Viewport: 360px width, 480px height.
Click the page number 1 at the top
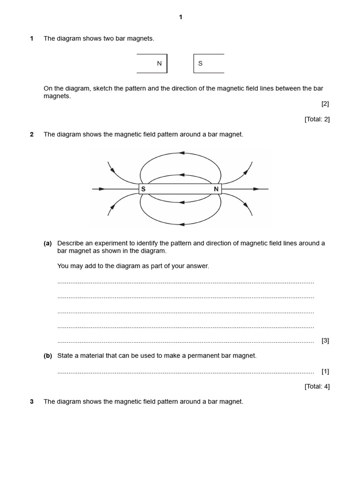pyautogui.click(x=180, y=17)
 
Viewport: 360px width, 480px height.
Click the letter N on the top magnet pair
pyautogui.click(x=159, y=64)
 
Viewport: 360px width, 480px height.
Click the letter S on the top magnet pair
pyautogui.click(x=200, y=64)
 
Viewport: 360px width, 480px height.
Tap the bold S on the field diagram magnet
pyautogui.click(x=143, y=189)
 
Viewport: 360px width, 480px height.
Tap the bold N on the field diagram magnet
pyautogui.click(x=216, y=189)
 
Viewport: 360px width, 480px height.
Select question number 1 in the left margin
pyautogui.click(x=32, y=38)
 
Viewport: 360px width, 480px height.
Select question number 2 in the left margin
pyautogui.click(x=32, y=135)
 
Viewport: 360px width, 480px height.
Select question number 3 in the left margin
pyautogui.click(x=32, y=402)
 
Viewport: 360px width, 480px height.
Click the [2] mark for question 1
pyautogui.click(x=325, y=104)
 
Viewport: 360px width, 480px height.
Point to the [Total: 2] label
pyautogui.click(x=317, y=119)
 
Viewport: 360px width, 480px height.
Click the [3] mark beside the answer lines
pyautogui.click(x=325, y=340)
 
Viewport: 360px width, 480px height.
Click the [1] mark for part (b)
pyautogui.click(x=325, y=371)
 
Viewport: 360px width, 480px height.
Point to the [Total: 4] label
pyautogui.click(x=317, y=387)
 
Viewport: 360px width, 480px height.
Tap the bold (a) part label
pyautogui.click(x=48, y=243)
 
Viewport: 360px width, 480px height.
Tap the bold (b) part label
pyautogui.click(x=48, y=356)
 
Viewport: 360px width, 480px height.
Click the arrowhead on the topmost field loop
pyautogui.click(x=181, y=153)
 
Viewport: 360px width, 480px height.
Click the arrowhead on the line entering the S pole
pyautogui.click(x=102, y=189)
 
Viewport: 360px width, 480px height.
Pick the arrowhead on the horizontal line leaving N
pyautogui.click(x=256, y=189)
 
